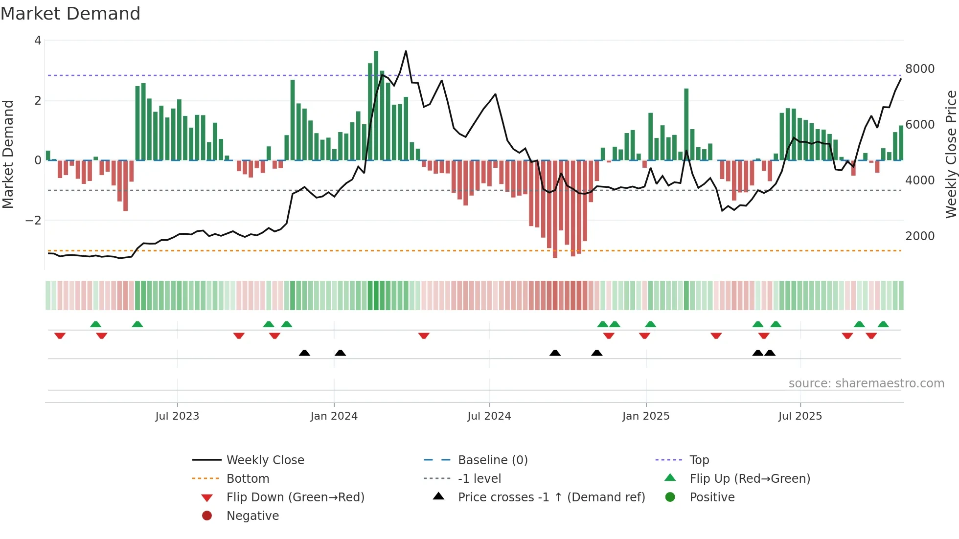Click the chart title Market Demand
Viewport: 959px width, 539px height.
[70, 14]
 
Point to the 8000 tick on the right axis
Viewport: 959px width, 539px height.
[920, 69]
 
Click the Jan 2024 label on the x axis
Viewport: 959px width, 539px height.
[334, 416]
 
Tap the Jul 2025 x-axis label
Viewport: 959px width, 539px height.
[800, 416]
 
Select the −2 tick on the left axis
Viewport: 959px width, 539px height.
[34, 221]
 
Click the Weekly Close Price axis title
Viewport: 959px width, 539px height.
[951, 154]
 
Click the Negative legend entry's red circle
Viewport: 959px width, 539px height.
[207, 516]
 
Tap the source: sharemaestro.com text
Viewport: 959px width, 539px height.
[866, 383]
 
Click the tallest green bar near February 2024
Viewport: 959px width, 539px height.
[376, 105]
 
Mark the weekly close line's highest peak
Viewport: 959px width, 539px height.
[406, 51]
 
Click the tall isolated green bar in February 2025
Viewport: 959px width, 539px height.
[686, 124]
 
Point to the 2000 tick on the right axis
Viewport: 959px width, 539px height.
[920, 236]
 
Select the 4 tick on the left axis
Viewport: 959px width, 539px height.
[38, 41]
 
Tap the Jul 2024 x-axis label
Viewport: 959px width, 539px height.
[489, 416]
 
